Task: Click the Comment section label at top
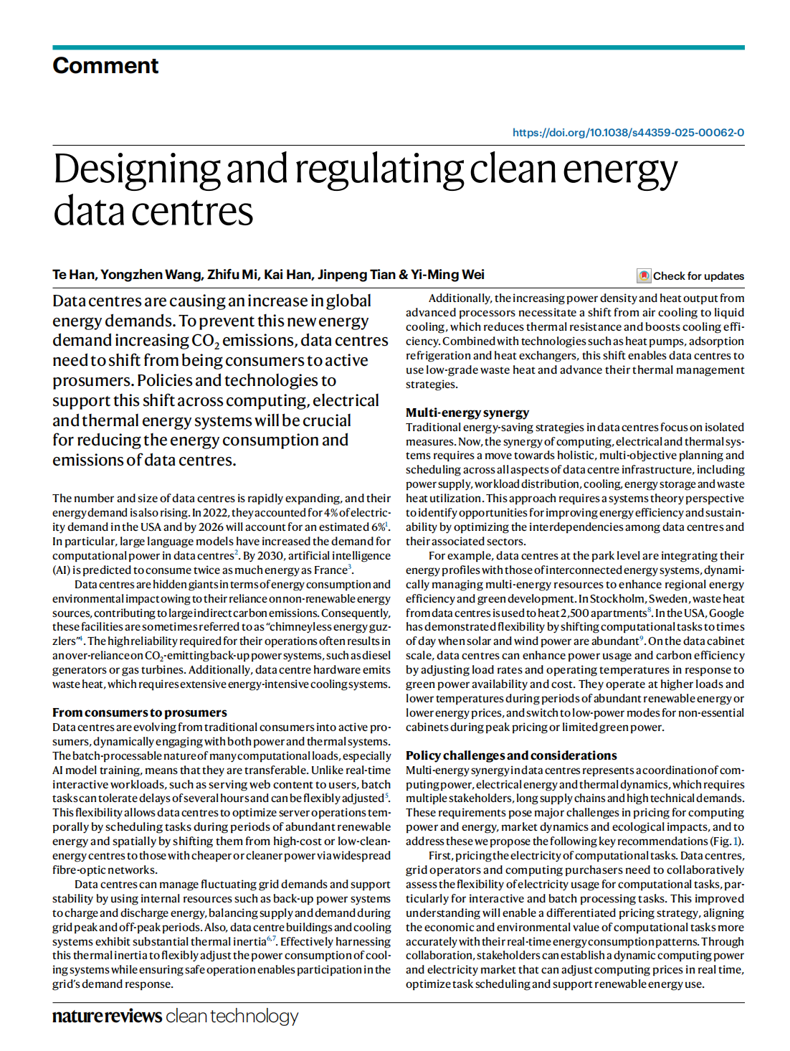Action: click(105, 66)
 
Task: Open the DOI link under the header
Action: click(628, 133)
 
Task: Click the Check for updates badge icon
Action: click(644, 276)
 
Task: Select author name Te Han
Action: click(73, 275)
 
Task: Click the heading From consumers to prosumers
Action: click(139, 712)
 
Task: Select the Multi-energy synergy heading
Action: click(467, 413)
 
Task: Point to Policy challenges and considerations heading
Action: click(511, 755)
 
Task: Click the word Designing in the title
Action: click(136, 170)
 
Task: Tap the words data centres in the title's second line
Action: click(153, 212)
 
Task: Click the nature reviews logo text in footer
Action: click(107, 1017)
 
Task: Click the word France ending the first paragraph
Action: click(330, 570)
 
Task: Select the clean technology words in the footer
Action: click(232, 1017)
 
